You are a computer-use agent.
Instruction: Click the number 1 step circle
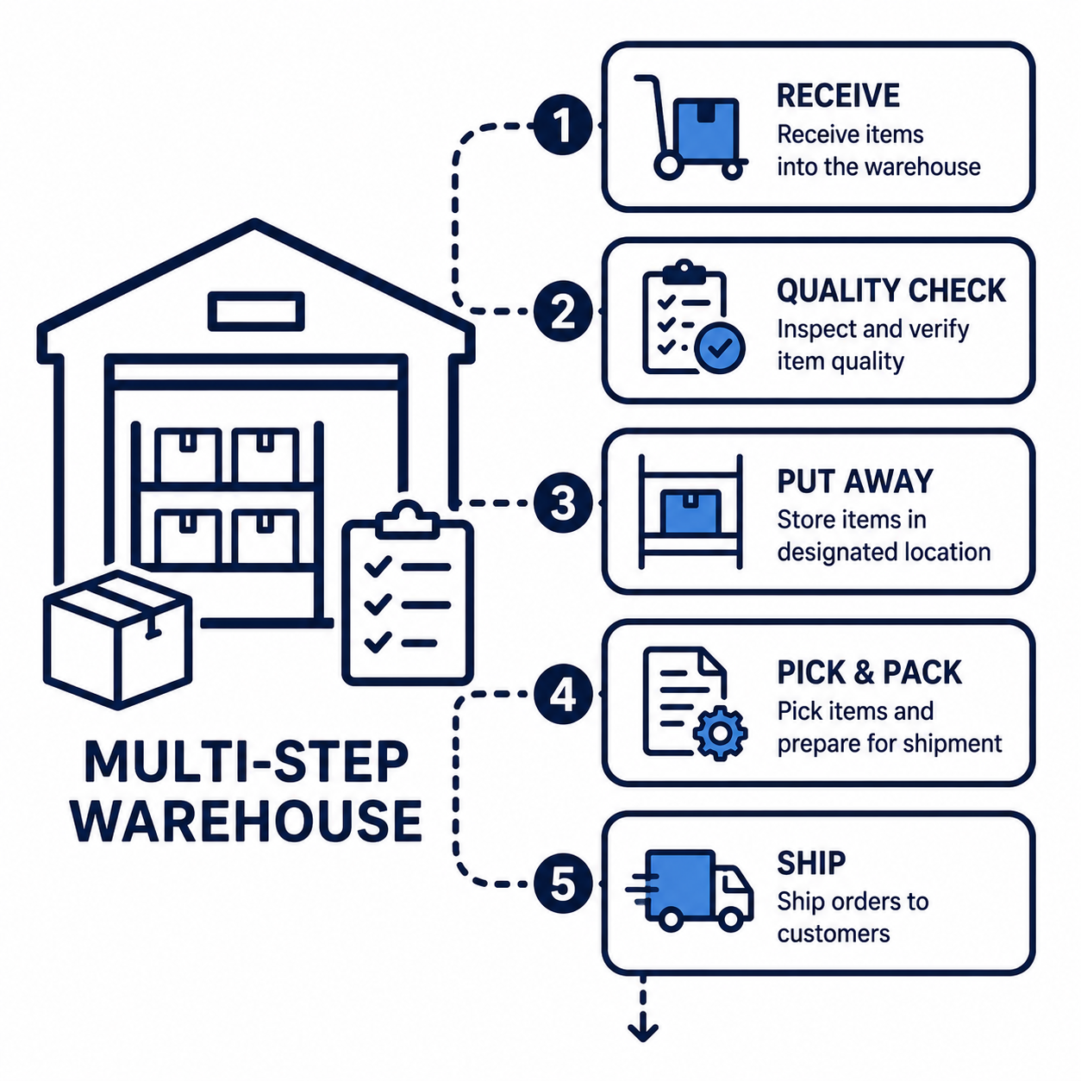pos(563,125)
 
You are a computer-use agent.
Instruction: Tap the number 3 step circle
pos(563,503)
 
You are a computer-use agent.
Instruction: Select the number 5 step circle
pos(563,884)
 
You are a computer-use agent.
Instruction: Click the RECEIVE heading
pos(838,96)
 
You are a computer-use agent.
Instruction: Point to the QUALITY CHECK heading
pos(890,290)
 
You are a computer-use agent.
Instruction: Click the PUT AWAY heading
pos(855,481)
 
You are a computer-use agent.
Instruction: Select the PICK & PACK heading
pos(870,672)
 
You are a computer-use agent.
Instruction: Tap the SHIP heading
pos(811,863)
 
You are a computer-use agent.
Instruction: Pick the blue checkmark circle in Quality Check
pos(720,347)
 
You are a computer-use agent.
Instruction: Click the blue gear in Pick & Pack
pos(721,733)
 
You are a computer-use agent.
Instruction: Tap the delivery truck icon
pos(690,890)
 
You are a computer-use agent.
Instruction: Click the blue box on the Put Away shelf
pos(690,511)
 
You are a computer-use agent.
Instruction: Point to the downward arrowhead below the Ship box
pos(643,1031)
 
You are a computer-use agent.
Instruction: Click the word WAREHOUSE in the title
pos(247,821)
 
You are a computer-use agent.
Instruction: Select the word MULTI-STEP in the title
pos(247,761)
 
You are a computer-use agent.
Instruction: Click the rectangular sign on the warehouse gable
pos(256,311)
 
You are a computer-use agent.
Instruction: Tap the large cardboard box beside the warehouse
pos(118,640)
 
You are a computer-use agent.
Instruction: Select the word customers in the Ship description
pos(834,934)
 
